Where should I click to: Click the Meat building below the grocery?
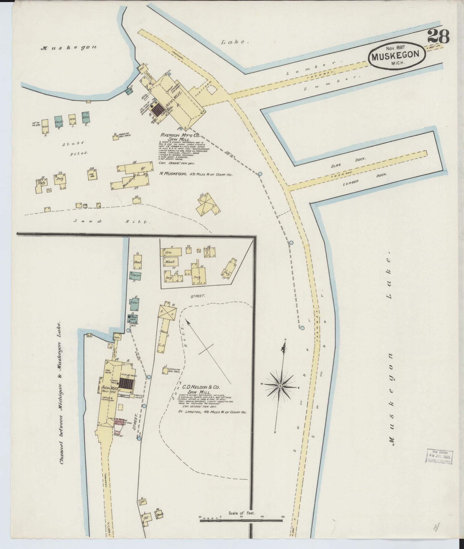[170, 261]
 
